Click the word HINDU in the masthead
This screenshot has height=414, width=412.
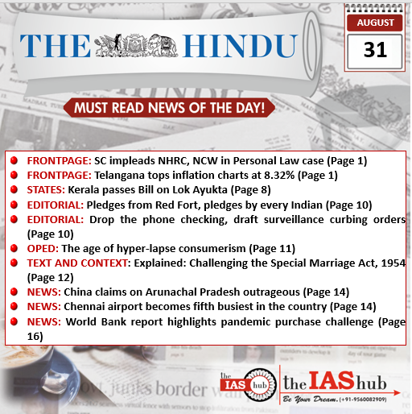[235, 45]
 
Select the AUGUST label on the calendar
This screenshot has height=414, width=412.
[375, 22]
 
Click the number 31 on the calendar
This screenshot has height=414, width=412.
[375, 50]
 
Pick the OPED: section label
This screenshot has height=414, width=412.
[43, 248]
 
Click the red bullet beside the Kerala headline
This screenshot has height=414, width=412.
[14, 190]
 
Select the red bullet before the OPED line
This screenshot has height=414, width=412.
[14, 248]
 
